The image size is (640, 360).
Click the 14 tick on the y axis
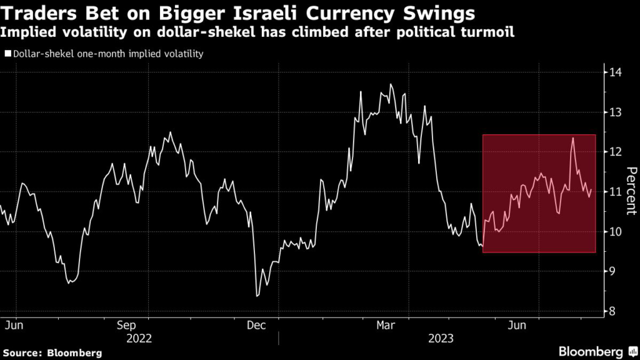(x=615, y=72)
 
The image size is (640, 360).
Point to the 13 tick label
(x=615, y=112)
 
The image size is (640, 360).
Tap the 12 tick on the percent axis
(x=615, y=152)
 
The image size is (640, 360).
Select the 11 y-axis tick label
(x=615, y=192)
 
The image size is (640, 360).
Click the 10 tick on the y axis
(x=615, y=232)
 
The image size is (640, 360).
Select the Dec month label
(x=256, y=326)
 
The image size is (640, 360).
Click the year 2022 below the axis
(x=139, y=338)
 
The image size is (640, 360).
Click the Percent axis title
(x=631, y=191)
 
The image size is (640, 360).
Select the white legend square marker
(x=7, y=54)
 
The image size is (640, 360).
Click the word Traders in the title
(x=32, y=13)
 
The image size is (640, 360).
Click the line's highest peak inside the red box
(x=572, y=138)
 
